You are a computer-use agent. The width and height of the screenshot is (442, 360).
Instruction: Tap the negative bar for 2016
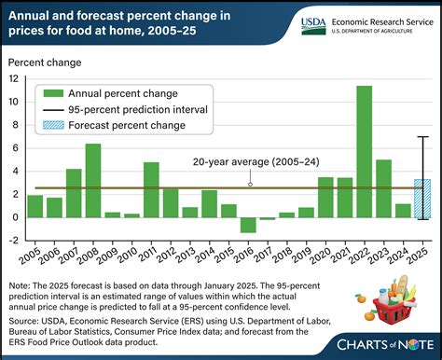247,225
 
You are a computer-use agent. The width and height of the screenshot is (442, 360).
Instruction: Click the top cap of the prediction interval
421,137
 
